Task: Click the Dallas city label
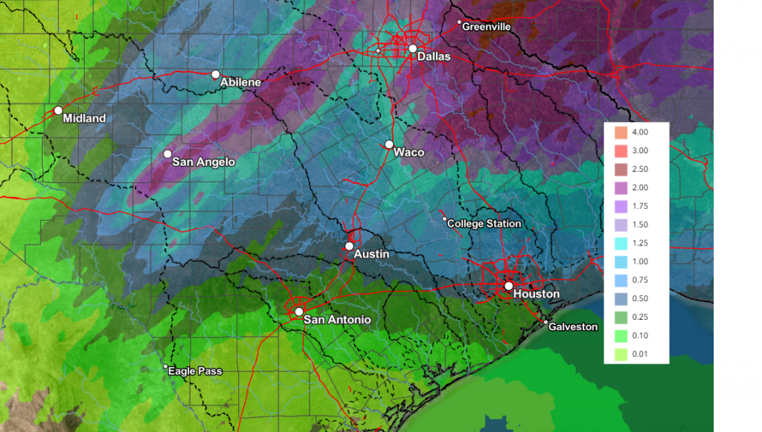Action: [434, 57]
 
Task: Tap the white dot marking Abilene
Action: [215, 74]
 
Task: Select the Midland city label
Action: [84, 118]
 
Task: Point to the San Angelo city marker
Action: [167, 154]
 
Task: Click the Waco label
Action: [409, 152]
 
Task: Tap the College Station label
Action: [484, 224]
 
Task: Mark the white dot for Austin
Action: [349, 246]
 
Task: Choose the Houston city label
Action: [536, 294]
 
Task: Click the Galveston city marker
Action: [545, 323]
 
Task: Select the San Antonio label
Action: [337, 320]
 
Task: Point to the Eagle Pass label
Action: [195, 371]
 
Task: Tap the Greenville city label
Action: [486, 27]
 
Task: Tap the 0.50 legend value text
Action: [639, 299]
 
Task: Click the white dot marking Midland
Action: [58, 111]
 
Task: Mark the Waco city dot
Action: [388, 144]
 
